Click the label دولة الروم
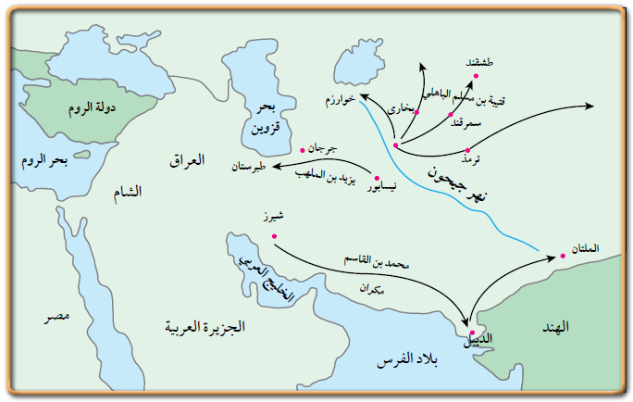[x=90, y=107]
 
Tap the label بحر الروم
[x=44, y=159]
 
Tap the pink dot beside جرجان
[x=303, y=147]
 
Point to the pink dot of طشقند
[x=476, y=75]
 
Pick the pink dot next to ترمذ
[x=468, y=149]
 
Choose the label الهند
[x=581, y=327]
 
